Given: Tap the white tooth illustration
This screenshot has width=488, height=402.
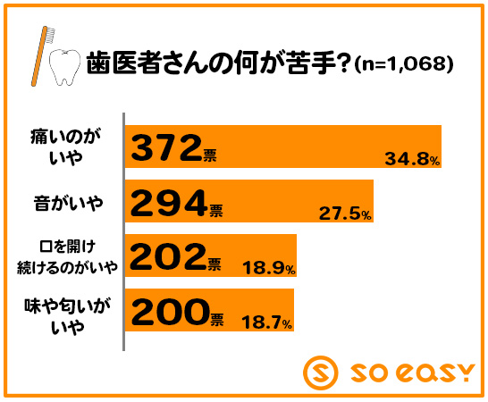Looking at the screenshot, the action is point(64,67).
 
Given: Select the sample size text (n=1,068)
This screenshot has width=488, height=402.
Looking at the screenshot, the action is point(404,64).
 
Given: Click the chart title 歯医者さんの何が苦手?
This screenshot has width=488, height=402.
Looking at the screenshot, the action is point(217,63).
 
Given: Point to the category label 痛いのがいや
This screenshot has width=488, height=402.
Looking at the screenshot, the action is point(65,147).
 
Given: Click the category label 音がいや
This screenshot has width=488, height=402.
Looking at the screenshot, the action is point(68,203).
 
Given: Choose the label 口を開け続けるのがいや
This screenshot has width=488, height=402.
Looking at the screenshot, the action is point(67,257).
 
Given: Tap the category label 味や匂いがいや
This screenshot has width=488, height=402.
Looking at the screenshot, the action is point(68,317).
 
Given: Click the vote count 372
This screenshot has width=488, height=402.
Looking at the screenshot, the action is point(166,147).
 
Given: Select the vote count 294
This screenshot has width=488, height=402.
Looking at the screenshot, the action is point(169,203).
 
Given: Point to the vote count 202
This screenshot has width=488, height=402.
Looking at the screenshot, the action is point(168,257).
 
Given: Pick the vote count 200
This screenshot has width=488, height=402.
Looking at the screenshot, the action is point(170,312).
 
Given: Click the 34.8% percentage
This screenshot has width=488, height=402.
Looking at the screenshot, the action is point(412,159).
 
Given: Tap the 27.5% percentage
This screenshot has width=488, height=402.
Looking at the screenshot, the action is point(345,214).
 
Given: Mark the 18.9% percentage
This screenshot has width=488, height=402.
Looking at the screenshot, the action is point(269,268).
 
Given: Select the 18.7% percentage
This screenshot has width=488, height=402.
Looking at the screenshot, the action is point(266,322).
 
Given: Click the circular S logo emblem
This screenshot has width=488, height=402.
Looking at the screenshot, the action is point(320,373).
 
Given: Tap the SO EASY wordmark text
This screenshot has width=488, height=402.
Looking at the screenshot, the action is point(412,373).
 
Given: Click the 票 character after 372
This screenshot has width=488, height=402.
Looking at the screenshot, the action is point(210,155).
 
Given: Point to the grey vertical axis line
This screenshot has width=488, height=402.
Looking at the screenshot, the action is point(124,231).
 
